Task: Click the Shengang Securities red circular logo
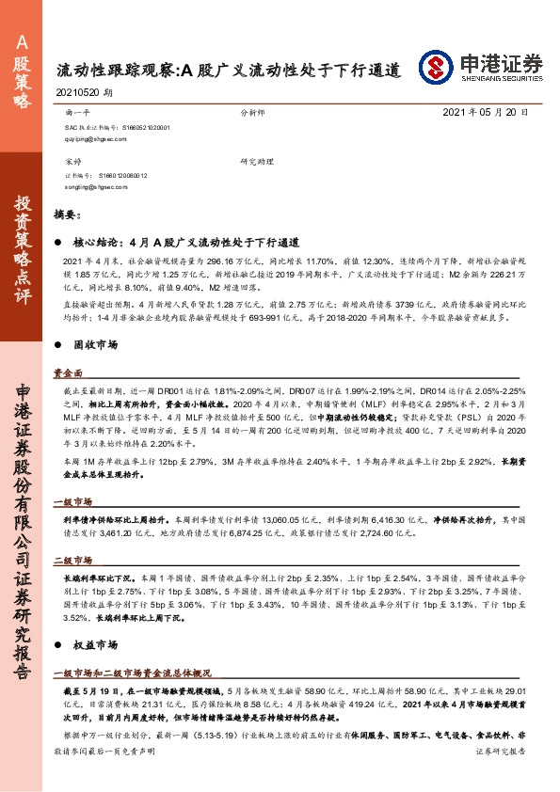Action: [x=437, y=65]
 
